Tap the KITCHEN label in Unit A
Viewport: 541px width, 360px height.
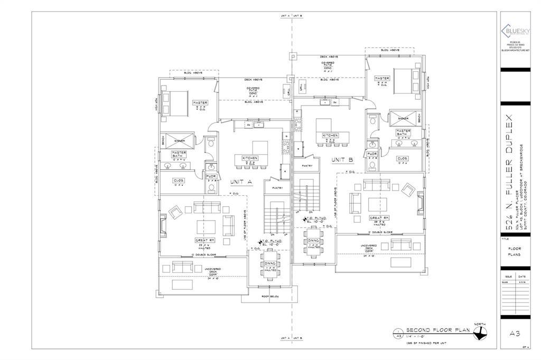[x=250, y=158]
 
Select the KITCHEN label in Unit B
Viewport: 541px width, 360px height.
[x=331, y=135]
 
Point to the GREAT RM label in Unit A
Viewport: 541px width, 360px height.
[x=206, y=240]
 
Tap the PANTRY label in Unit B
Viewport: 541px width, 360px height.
[x=308, y=165]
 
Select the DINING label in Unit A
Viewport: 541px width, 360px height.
[x=270, y=263]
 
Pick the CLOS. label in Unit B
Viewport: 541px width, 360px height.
[x=403, y=158]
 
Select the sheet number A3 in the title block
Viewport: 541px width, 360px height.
[x=515, y=333]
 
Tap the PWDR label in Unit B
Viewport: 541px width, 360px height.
[x=372, y=154]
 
